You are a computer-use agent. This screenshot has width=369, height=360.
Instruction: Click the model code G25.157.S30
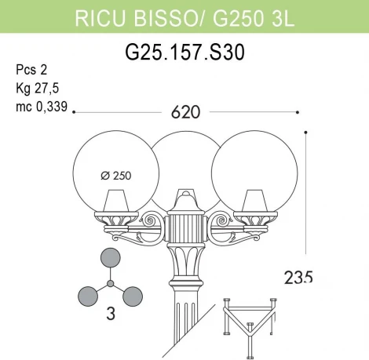(184, 53)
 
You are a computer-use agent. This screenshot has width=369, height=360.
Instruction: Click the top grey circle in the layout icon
(111, 260)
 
